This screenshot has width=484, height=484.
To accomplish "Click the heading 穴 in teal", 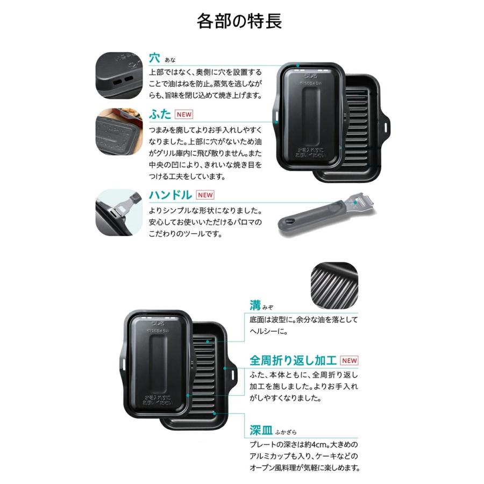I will [154, 56].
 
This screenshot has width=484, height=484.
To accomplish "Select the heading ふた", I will [160, 114].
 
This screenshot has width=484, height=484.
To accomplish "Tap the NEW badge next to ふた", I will [183, 115].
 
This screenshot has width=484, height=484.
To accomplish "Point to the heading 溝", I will [255, 305].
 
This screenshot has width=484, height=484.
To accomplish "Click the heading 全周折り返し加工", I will [293, 360].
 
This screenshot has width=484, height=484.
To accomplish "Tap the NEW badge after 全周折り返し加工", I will [349, 360].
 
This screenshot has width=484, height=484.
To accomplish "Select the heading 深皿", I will [261, 430].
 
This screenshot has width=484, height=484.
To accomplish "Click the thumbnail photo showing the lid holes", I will [119, 75].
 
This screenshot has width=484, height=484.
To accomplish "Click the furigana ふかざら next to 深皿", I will [286, 432].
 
